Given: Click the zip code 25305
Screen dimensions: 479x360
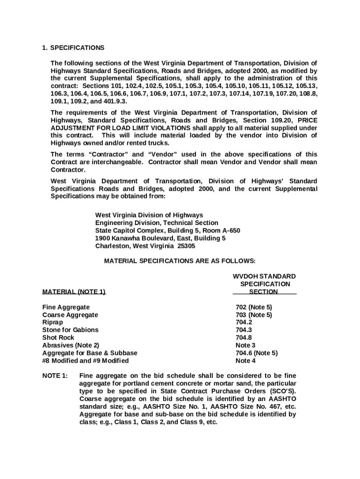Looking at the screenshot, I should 187,246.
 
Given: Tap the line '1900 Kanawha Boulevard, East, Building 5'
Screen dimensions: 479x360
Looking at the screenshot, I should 160,238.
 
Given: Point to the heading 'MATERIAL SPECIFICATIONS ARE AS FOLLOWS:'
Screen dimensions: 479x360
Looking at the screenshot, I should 180,261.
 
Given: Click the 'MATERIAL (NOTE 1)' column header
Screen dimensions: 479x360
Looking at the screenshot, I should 74,292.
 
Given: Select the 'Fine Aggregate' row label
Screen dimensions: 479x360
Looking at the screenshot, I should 66,307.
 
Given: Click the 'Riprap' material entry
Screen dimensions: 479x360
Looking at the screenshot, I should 52,322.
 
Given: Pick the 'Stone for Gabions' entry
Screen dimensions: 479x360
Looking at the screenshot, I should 70,330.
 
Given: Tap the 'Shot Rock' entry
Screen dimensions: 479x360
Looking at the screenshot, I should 58,337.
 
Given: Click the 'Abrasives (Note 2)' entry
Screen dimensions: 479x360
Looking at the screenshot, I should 71,345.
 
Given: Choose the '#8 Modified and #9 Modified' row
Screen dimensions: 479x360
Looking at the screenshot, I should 85,361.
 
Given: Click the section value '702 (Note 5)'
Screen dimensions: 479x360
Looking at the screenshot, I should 254,307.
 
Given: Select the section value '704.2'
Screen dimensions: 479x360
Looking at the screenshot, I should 244,322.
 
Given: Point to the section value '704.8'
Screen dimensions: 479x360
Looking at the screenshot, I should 244,337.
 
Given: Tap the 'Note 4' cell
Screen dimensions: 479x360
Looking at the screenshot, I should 245,361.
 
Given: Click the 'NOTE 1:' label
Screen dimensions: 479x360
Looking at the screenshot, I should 55,376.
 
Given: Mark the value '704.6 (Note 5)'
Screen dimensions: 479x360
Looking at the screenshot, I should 257,353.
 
